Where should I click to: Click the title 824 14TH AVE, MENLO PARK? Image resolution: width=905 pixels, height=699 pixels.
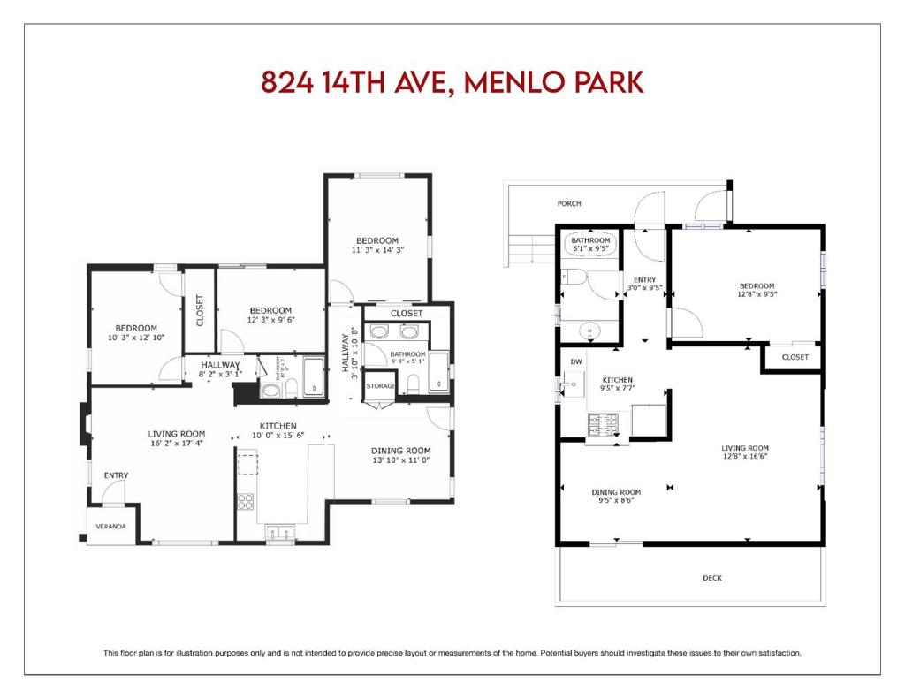(452, 82)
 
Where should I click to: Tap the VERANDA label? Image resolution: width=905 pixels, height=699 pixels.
(110, 527)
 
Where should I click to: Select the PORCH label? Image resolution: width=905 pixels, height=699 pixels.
(569, 204)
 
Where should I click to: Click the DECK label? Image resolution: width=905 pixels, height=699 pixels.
(712, 578)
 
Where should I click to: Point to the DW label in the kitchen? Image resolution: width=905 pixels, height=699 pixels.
(575, 361)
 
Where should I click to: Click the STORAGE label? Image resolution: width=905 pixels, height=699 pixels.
(381, 386)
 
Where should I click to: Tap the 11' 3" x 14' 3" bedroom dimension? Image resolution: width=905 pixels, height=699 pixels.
(377, 250)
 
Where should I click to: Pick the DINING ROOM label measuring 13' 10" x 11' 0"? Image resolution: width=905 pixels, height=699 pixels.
(400, 451)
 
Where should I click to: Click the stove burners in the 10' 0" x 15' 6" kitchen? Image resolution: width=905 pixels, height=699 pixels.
(245, 501)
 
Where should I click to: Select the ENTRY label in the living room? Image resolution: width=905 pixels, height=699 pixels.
(116, 475)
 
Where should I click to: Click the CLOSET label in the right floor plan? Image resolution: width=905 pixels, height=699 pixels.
(795, 357)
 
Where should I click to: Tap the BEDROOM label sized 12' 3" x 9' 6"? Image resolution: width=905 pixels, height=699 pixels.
(270, 310)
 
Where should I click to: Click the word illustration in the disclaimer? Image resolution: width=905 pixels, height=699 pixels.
(208, 653)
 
